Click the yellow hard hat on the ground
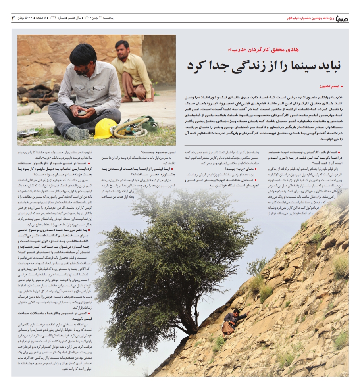tap(105, 128)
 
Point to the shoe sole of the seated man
tap(75, 134)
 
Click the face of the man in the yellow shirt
tap(122, 49)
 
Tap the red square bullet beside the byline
tap(342, 86)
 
